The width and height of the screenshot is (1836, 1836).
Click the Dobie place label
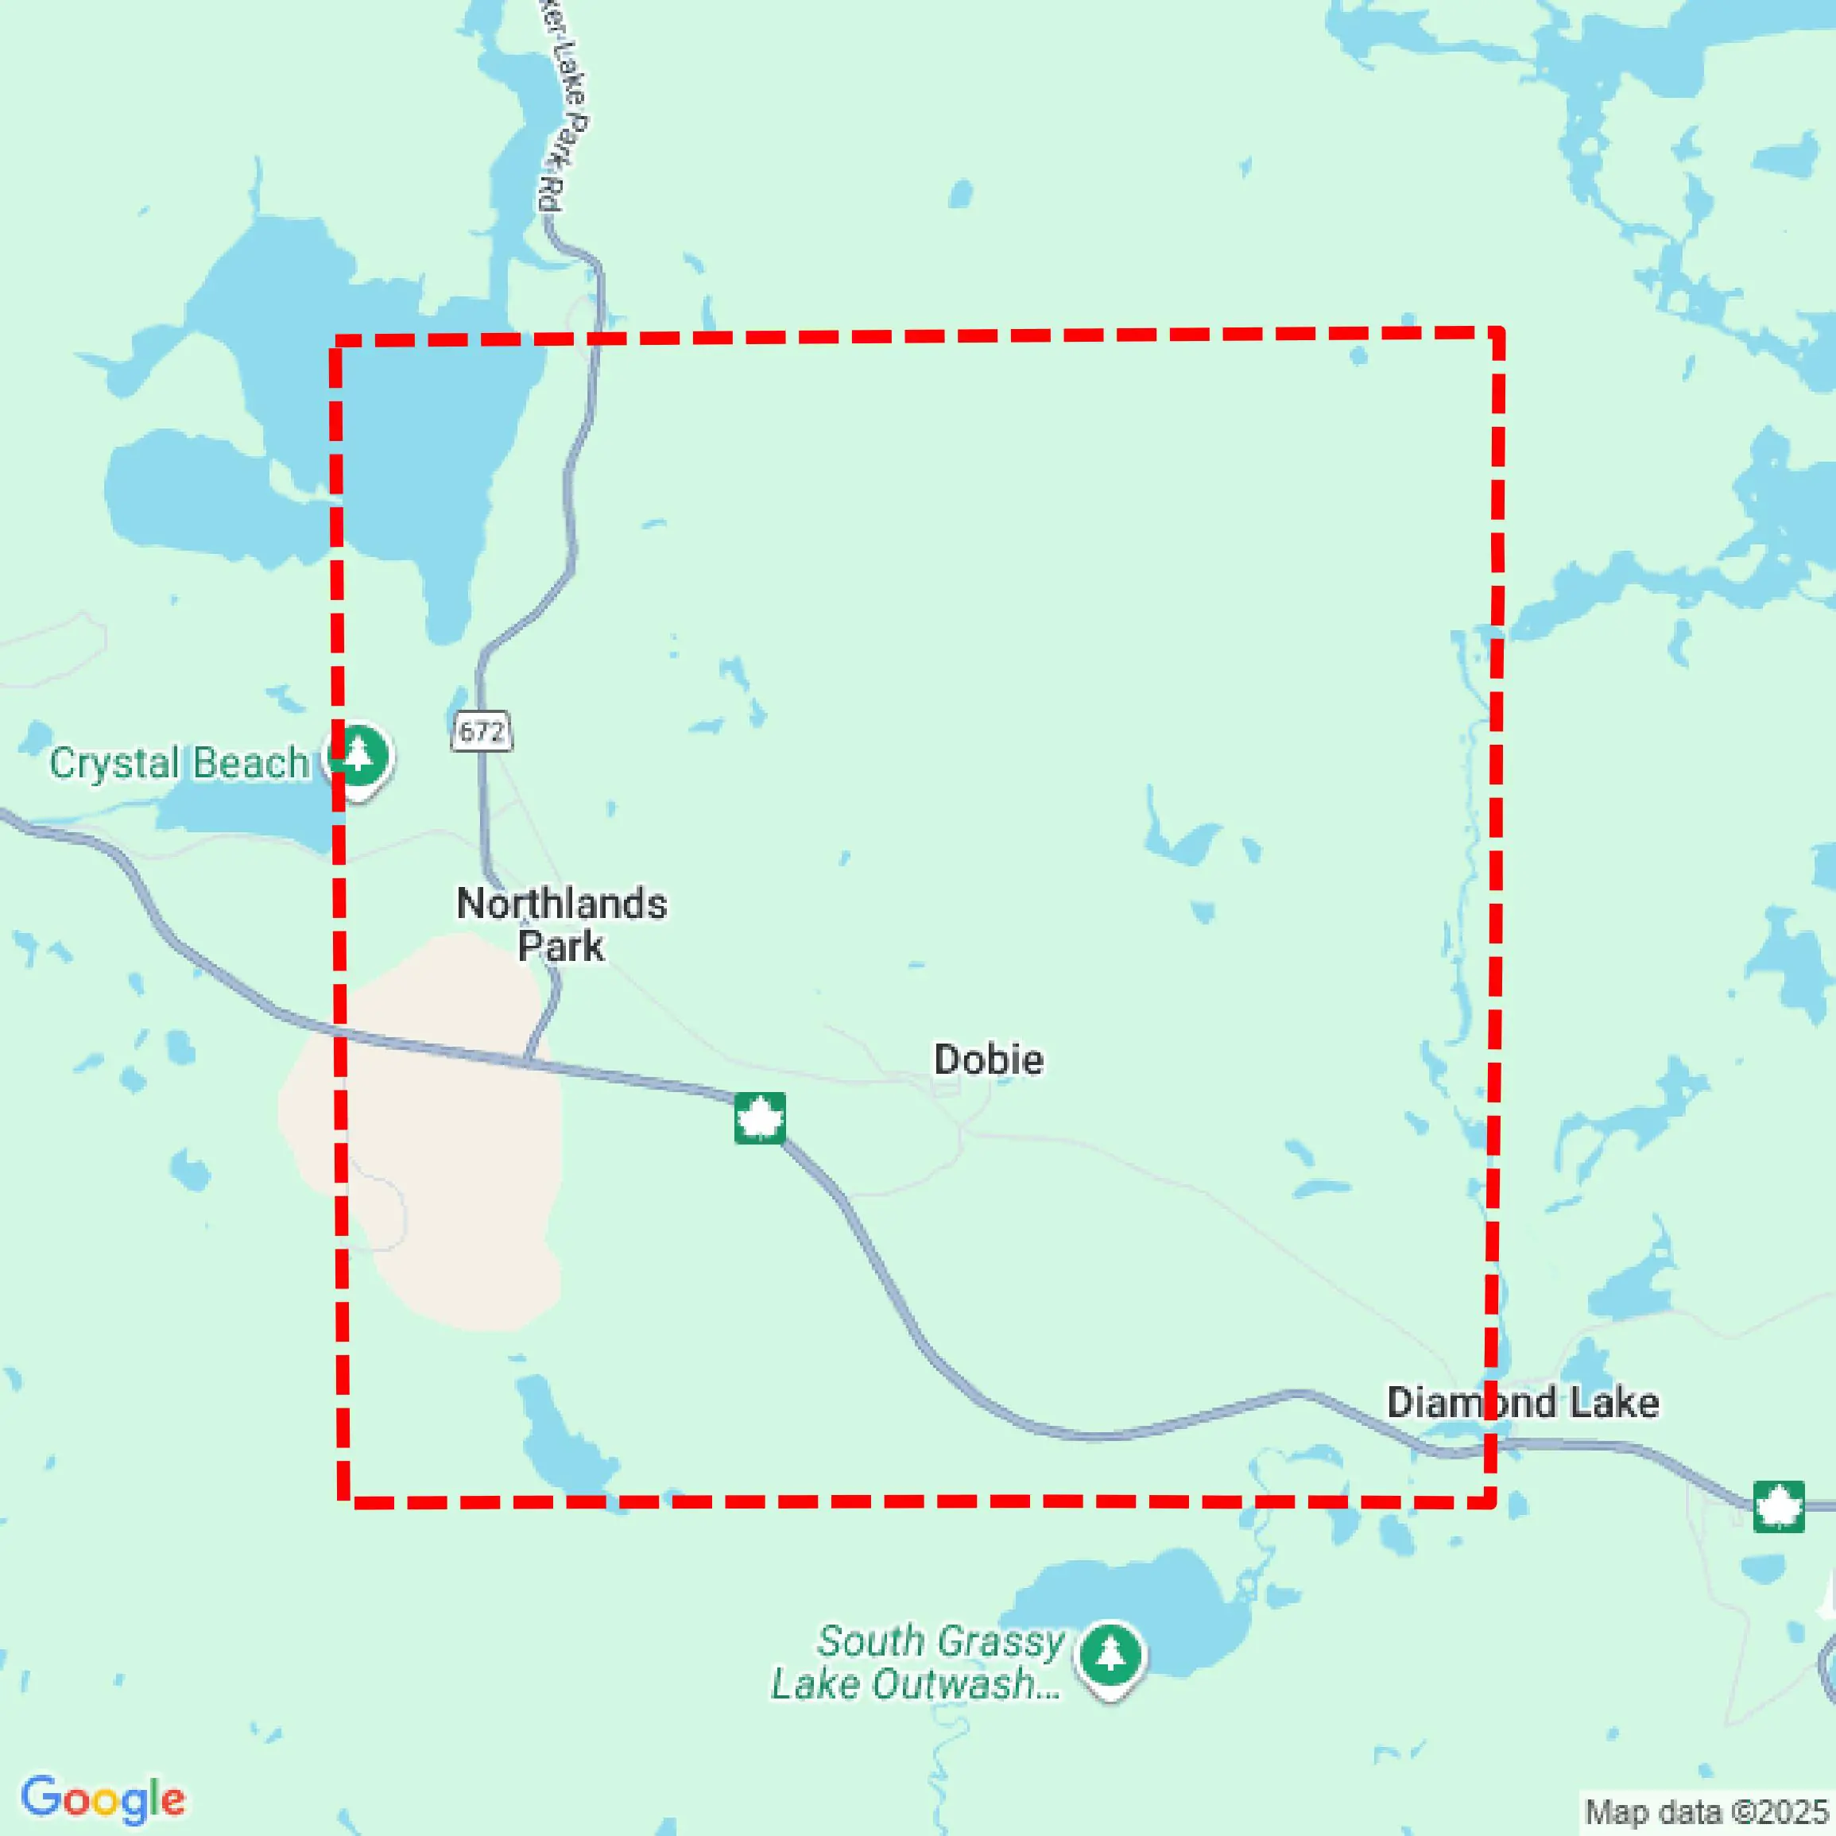(x=988, y=1059)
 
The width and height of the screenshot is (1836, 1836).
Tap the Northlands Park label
(x=562, y=924)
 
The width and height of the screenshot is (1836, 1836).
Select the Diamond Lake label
(x=1522, y=1403)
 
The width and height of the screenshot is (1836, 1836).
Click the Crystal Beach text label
(x=179, y=763)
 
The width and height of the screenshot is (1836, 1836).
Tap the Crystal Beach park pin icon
(x=359, y=757)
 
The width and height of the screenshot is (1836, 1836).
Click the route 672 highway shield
(x=482, y=730)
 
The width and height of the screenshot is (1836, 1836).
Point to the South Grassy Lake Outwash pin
(x=1110, y=1656)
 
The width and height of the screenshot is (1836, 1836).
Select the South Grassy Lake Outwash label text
(x=918, y=1663)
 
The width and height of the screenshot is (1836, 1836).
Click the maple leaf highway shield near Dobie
(x=759, y=1117)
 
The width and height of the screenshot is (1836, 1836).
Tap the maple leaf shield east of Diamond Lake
(x=1778, y=1506)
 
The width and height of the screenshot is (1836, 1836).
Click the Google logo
(x=103, y=1799)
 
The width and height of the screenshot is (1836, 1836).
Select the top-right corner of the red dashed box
(x=1497, y=332)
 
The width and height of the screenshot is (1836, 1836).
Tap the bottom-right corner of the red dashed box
(x=1492, y=1501)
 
